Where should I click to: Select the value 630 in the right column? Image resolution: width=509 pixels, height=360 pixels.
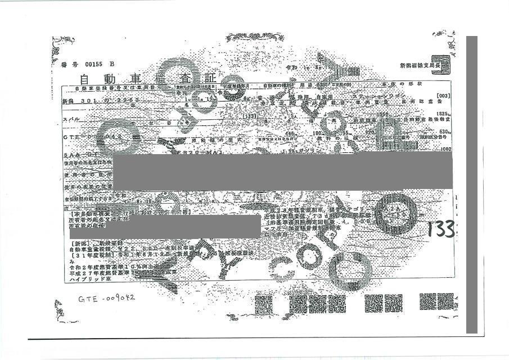tap(444, 132)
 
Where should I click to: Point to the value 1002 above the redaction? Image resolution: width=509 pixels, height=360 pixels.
tap(445, 149)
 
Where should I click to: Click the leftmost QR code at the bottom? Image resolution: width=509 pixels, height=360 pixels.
tap(263, 304)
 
